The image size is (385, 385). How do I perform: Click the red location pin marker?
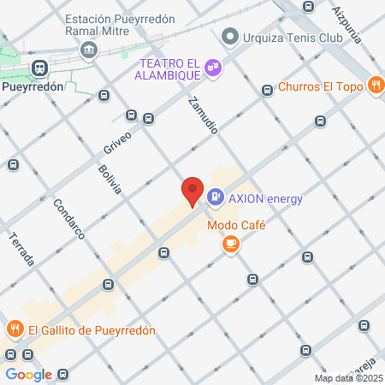point(192,192)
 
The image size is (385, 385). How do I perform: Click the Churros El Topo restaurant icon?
point(375,85)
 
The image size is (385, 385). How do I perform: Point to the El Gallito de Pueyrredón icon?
point(15,329)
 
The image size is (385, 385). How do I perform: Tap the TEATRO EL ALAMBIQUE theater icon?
point(213,68)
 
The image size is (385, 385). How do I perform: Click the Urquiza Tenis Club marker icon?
point(228,38)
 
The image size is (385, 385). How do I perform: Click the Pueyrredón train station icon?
point(39,68)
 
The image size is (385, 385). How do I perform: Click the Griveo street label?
point(117,139)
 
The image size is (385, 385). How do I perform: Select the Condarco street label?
point(68,220)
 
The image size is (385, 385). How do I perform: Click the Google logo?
point(28,374)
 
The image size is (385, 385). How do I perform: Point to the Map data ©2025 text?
point(348,378)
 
